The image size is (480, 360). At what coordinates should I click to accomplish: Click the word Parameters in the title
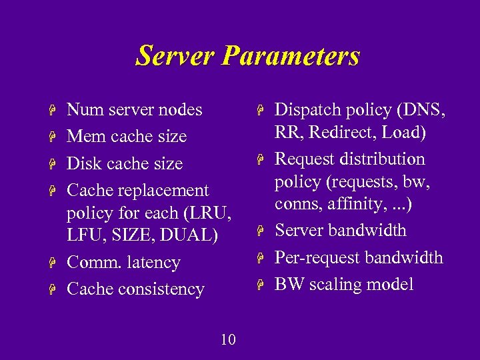point(291,56)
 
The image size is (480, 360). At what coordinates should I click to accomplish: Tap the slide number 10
point(228,340)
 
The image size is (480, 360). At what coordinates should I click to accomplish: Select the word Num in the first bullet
point(81,109)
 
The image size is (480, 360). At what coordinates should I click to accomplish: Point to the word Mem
point(83,137)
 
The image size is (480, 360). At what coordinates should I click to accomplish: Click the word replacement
point(163,191)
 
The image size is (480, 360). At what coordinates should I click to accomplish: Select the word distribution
point(383,159)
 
